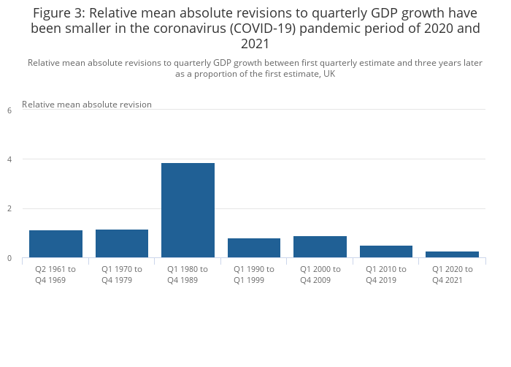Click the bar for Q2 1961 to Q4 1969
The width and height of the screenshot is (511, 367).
click(x=55, y=243)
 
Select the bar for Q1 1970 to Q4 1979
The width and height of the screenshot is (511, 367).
click(x=122, y=243)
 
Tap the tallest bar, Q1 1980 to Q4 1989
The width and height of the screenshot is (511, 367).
click(x=188, y=211)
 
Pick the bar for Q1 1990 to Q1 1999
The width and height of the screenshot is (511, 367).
click(x=254, y=248)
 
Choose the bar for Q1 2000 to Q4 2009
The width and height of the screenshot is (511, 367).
click(x=320, y=246)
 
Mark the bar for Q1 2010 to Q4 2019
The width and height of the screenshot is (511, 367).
click(x=386, y=251)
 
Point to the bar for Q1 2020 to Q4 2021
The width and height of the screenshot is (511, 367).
click(x=452, y=254)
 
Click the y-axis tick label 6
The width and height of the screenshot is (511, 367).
click(x=9, y=110)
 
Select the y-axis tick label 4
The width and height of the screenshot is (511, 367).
click(x=9, y=159)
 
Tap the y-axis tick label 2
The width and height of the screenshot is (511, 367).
click(x=9, y=209)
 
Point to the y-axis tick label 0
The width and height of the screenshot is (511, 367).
click(x=9, y=258)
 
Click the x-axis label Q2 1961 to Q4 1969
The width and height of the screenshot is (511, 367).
click(x=55, y=274)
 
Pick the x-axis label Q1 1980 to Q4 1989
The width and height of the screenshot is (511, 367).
click(x=188, y=274)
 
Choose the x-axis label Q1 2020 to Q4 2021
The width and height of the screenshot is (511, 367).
click(x=452, y=274)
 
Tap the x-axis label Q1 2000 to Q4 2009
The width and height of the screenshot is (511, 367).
click(x=320, y=274)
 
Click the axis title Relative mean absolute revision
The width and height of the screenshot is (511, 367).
click(x=87, y=105)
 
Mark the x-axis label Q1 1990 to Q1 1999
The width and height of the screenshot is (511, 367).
click(x=254, y=274)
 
